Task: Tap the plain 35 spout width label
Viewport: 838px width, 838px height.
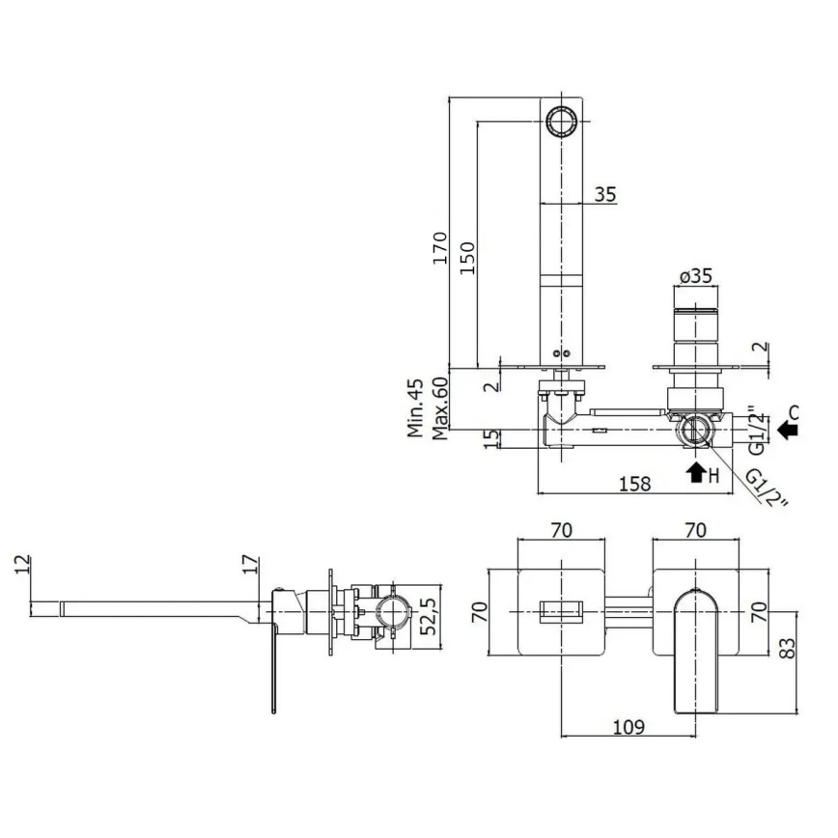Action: [604, 194]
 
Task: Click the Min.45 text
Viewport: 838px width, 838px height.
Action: [416, 408]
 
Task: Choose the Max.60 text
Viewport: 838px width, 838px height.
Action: [439, 408]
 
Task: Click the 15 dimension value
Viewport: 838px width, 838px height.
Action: [492, 437]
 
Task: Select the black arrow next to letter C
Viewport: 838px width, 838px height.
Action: [789, 432]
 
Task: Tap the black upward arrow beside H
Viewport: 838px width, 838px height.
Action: [694, 472]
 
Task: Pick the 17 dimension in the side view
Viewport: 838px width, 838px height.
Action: [249, 565]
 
